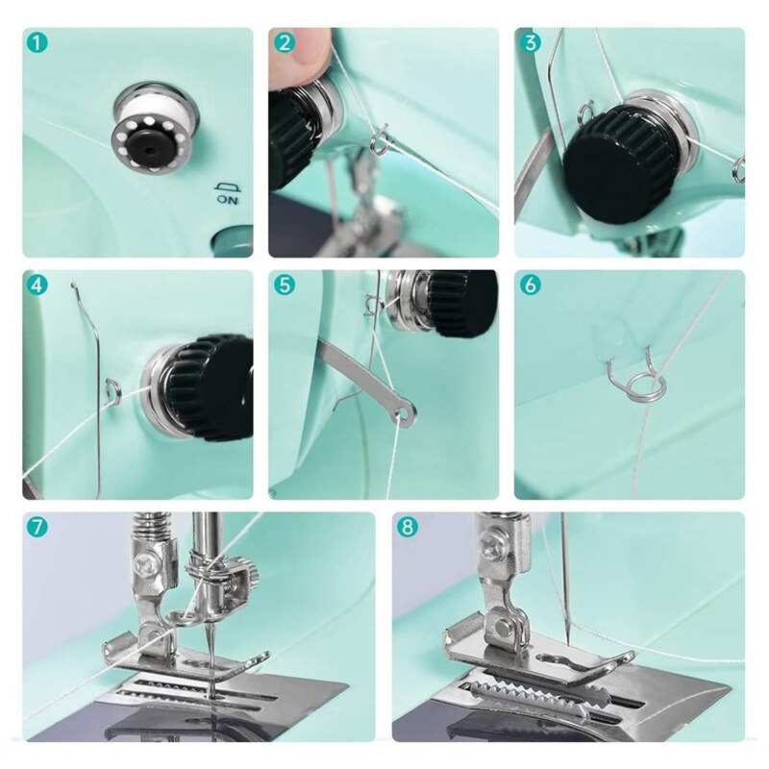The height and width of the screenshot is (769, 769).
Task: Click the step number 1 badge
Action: (36, 42)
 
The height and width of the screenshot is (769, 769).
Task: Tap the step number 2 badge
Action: (284, 42)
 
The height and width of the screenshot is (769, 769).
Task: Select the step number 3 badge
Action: (530, 42)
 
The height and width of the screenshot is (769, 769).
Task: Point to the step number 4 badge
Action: (36, 285)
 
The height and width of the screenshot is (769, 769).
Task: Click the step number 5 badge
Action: (284, 285)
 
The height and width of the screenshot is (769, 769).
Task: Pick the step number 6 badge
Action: (530, 285)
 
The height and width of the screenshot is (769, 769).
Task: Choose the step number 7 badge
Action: (36, 527)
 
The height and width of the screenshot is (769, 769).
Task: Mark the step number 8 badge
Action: (407, 527)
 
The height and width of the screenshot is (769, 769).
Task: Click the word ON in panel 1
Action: (226, 201)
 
